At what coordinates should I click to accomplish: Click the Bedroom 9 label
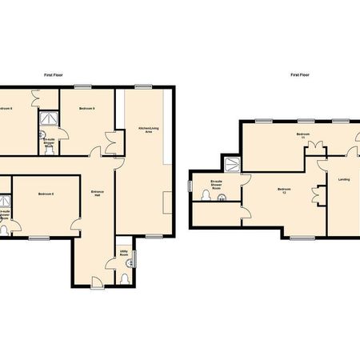(x=88, y=107)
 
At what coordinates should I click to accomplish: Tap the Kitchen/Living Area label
(x=145, y=129)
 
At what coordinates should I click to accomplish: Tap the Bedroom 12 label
(x=282, y=190)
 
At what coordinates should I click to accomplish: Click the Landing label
(x=345, y=179)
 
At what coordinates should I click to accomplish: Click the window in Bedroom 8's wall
(x=38, y=238)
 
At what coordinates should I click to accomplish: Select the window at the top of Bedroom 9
(x=82, y=85)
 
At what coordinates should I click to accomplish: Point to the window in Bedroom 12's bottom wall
(x=300, y=238)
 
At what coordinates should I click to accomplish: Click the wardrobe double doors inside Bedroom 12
(x=318, y=194)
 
